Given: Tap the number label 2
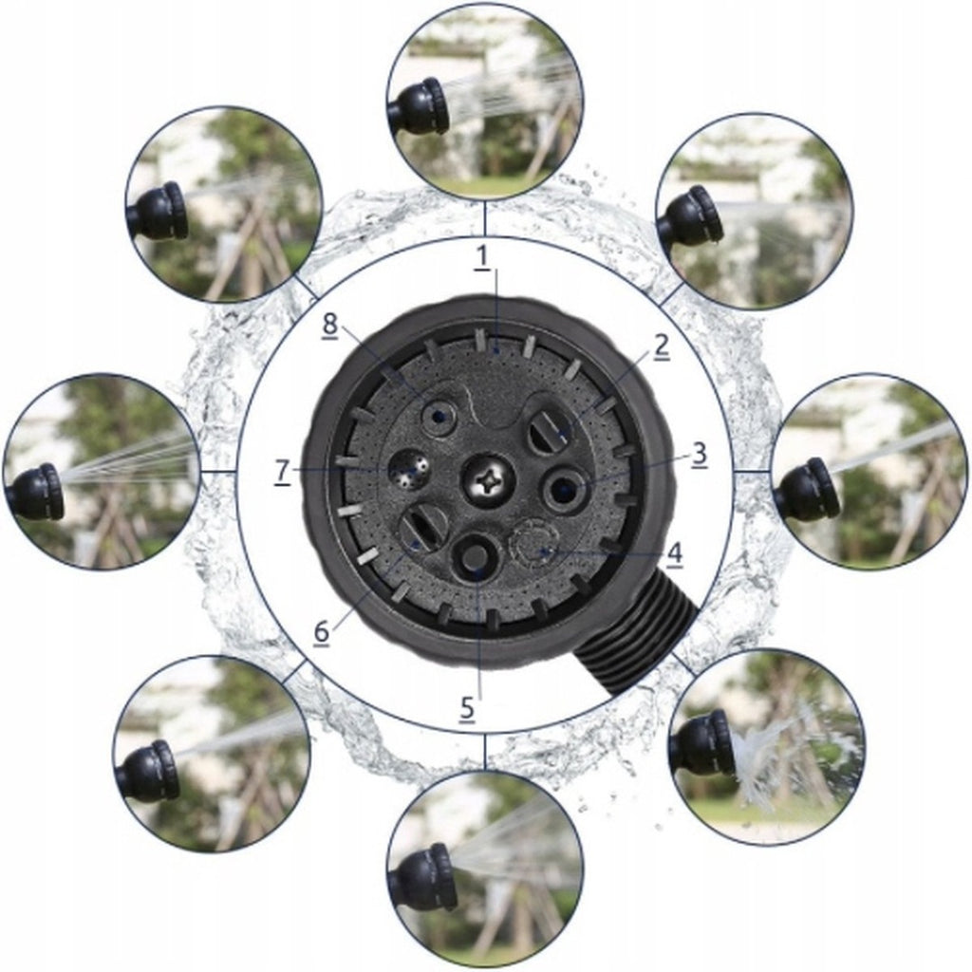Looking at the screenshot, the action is tap(662, 346).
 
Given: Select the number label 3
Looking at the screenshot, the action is tap(699, 454).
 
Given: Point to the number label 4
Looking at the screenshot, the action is tap(675, 552).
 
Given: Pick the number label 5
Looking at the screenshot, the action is tap(467, 707).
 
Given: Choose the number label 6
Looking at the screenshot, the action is tap(321, 632).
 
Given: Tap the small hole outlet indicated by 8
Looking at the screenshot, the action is tap(438, 417).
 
